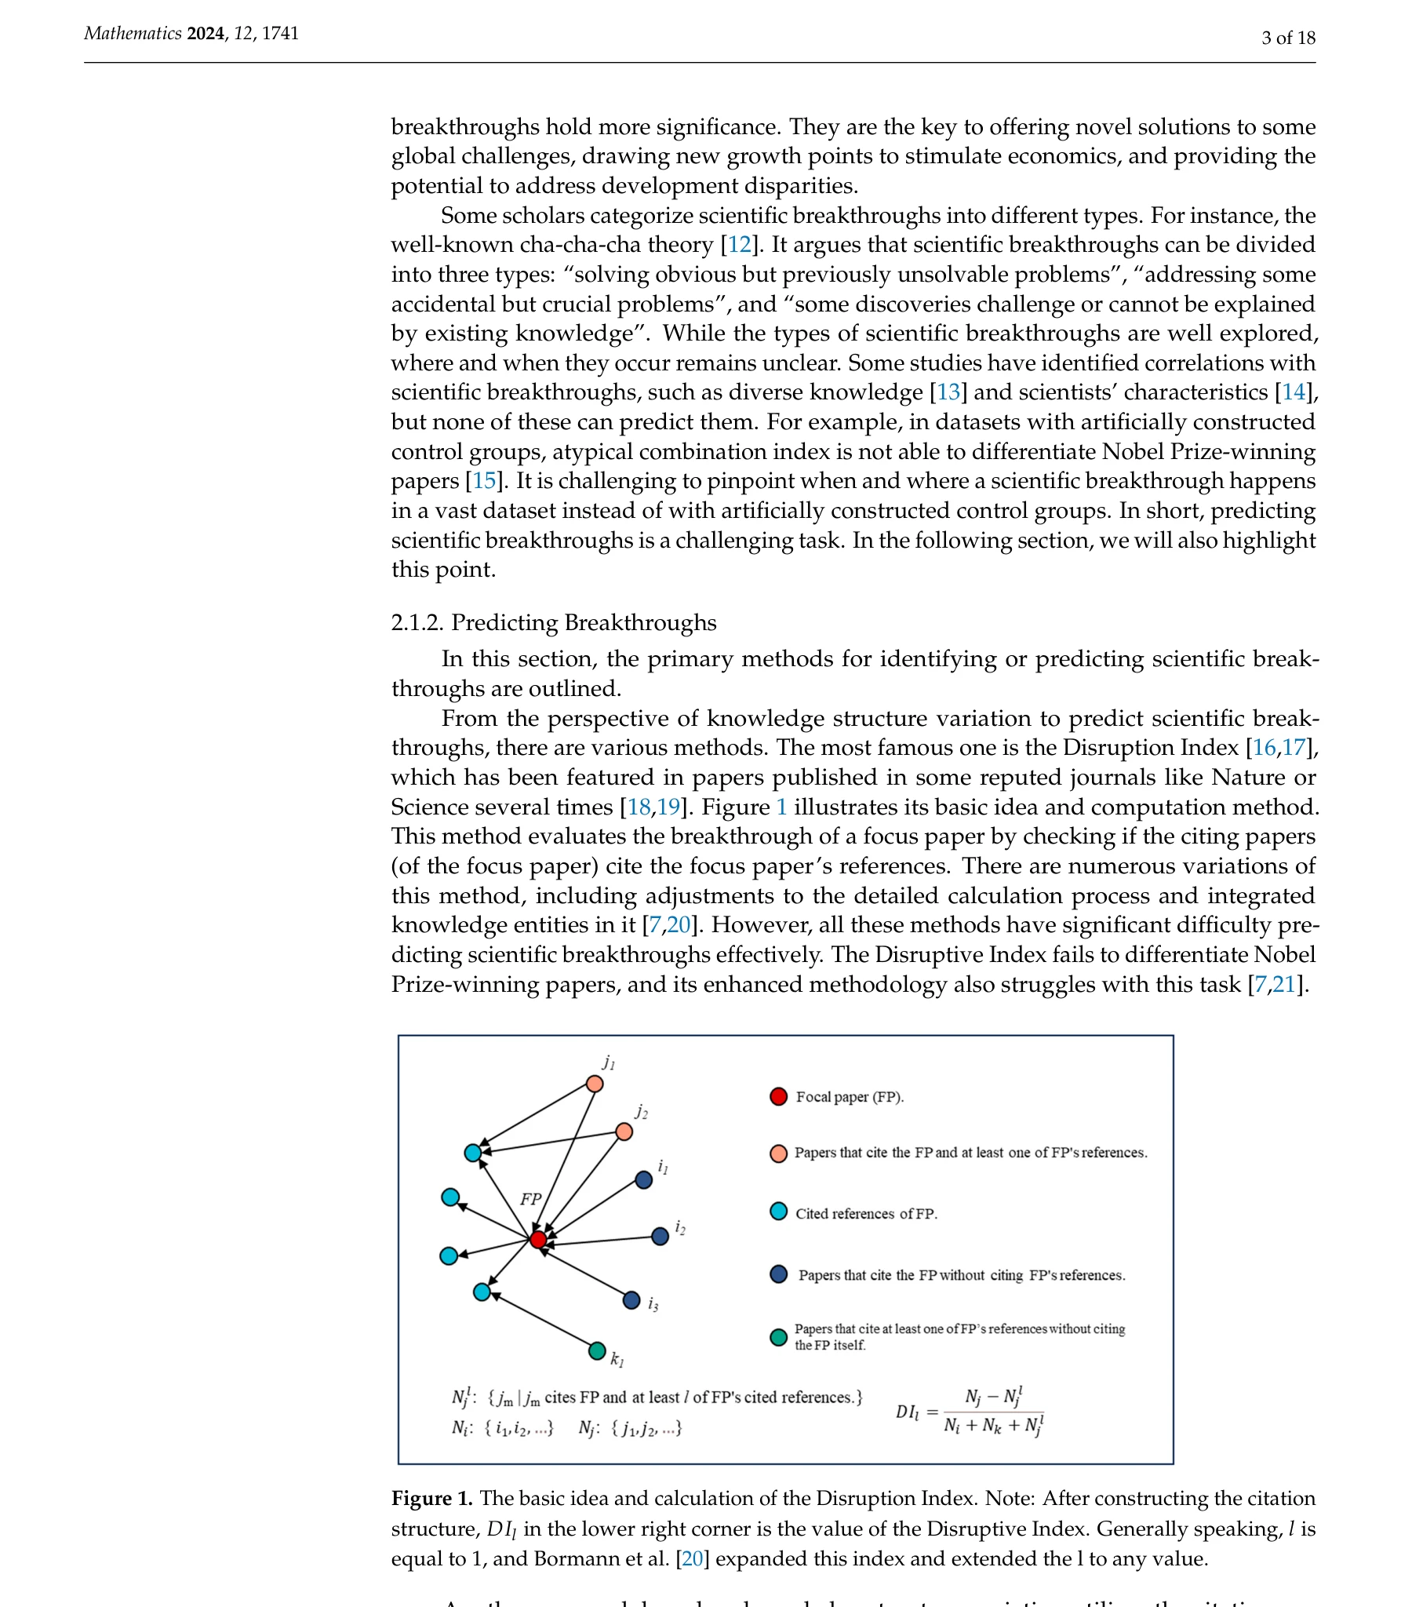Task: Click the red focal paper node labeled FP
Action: click(538, 1240)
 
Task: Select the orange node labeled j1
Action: click(595, 1084)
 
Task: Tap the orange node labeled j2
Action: click(624, 1131)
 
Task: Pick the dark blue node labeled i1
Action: click(644, 1180)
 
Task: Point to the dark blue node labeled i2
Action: click(660, 1237)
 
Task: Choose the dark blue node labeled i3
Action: click(631, 1300)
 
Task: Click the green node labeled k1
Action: click(597, 1350)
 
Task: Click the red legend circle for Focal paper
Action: click(778, 1096)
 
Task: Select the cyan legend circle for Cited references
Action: click(778, 1212)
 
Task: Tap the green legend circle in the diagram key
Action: click(778, 1337)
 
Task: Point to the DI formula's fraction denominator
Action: click(993, 1426)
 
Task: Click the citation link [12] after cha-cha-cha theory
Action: click(739, 245)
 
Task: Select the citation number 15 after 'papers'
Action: click(484, 481)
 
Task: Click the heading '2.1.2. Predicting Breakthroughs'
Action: click(553, 623)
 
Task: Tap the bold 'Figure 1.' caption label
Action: click(432, 1499)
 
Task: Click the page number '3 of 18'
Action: click(1288, 38)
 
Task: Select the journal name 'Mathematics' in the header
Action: click(133, 34)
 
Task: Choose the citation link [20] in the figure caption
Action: click(692, 1558)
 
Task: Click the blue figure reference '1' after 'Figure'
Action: click(781, 807)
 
